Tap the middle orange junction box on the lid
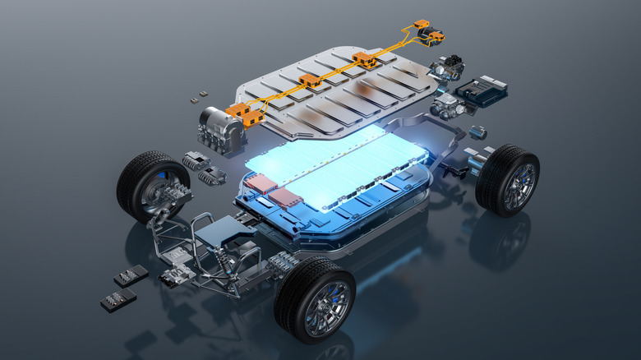point(309,81)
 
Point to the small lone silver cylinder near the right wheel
point(477,132)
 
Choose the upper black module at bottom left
point(131,275)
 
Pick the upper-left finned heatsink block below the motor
point(196,160)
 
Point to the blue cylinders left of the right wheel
point(475,161)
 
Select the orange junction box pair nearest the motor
point(246,114)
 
